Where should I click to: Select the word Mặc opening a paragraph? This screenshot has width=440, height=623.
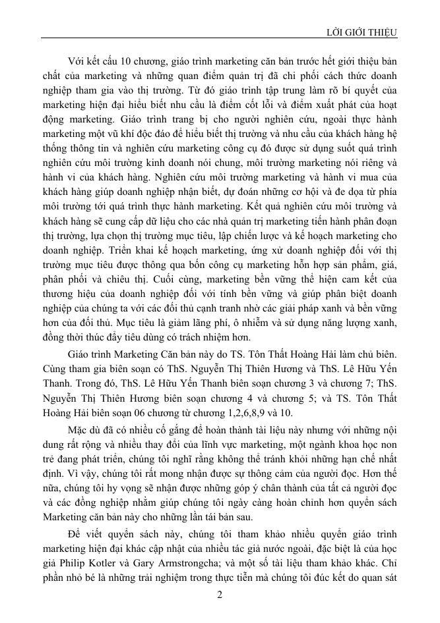[x=80, y=429]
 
